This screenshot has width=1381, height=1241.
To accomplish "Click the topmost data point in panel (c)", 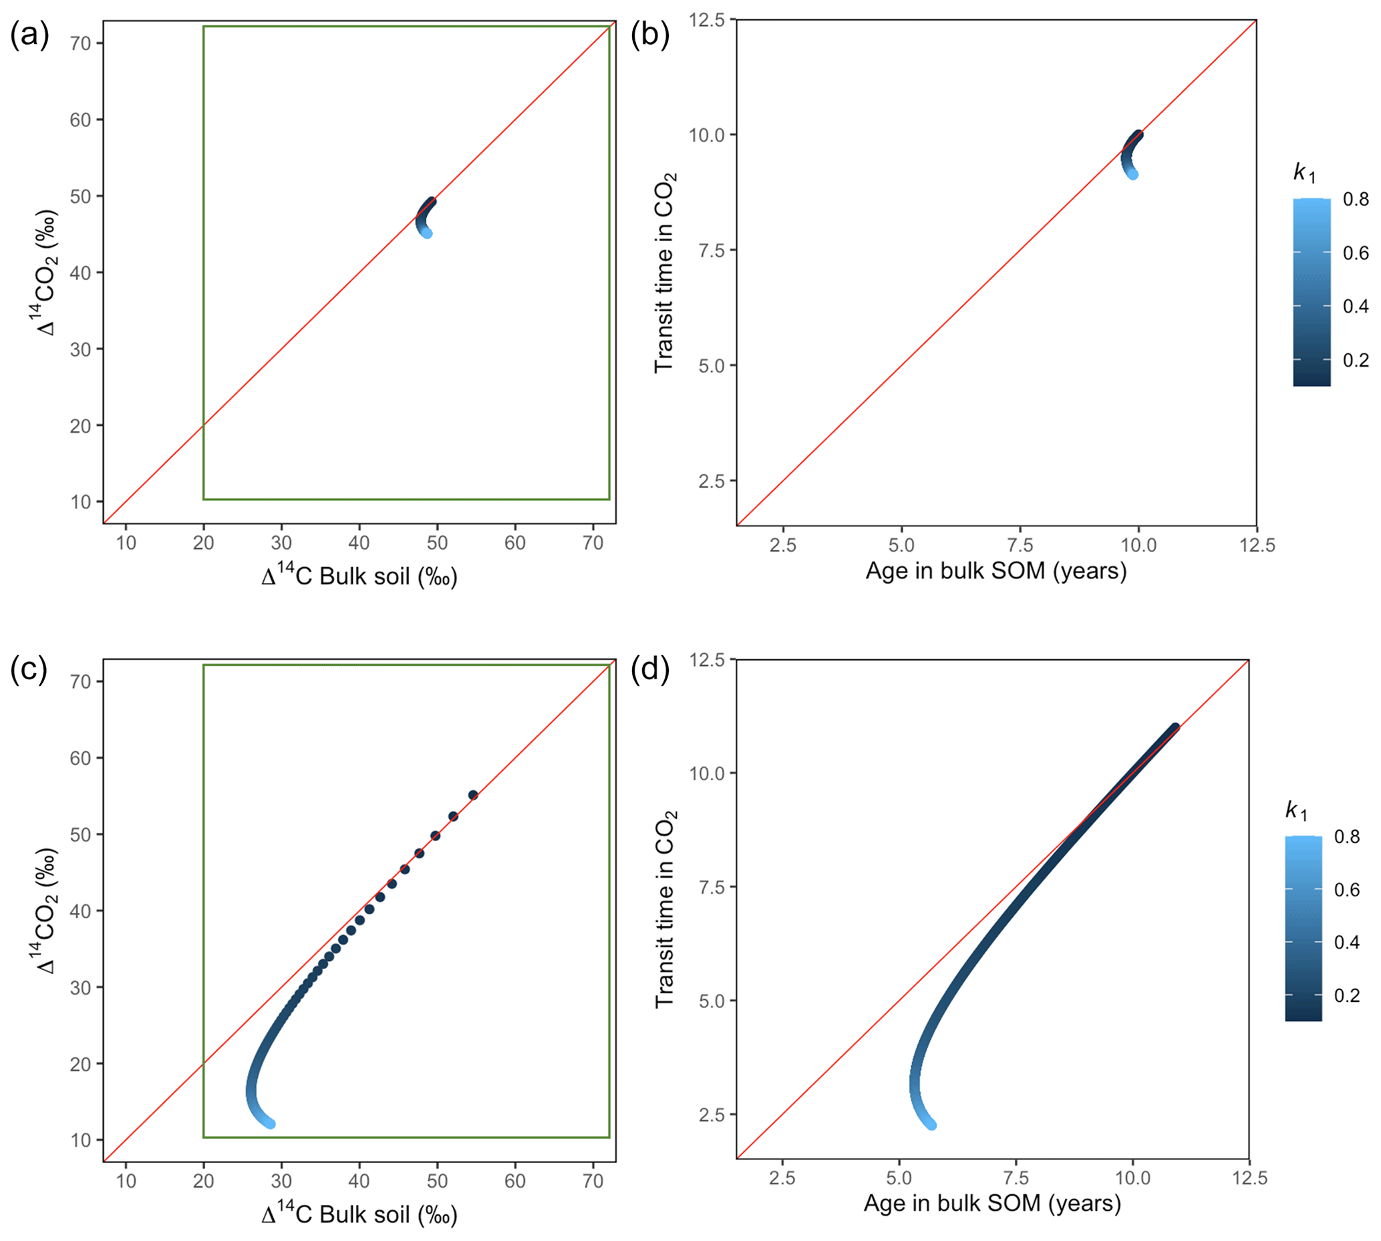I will [472, 795].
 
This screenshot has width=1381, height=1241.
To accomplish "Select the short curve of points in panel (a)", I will [425, 216].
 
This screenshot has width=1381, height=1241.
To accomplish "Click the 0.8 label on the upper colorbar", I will [1356, 199].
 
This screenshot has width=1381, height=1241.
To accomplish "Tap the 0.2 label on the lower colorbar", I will [1347, 995].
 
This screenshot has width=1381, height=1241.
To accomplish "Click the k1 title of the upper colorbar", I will [1304, 172].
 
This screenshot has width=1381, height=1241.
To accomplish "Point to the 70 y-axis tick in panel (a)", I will [80, 43].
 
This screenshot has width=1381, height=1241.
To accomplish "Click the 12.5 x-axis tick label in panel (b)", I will [1256, 545].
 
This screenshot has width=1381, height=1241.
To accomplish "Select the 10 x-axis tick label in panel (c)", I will [126, 1180].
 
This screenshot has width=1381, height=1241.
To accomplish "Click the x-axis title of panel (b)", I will [995, 571].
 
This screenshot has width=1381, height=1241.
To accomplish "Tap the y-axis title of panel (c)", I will [45, 911].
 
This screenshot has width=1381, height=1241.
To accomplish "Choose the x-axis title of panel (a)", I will [359, 577].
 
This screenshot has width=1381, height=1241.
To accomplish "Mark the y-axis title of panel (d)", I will [665, 910].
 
